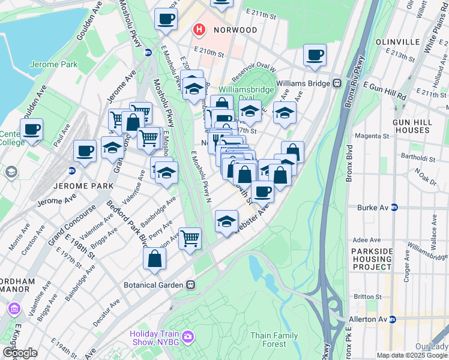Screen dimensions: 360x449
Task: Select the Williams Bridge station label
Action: pyautogui.click(x=304, y=84)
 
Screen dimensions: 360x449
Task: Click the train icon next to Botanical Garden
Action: pyautogui.click(x=191, y=284)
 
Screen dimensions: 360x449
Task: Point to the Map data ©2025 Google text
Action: pyautogui.click(x=412, y=355)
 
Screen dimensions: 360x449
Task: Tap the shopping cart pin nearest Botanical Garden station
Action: pyautogui.click(x=190, y=238)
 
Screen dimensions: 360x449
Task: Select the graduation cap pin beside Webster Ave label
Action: pyautogui.click(x=226, y=221)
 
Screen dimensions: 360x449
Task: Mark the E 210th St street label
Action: pyautogui.click(x=208, y=52)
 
